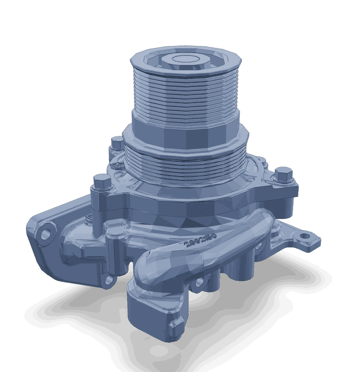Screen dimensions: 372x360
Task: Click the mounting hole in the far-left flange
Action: coord(45,234)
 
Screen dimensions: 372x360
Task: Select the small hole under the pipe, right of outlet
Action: coord(199,283)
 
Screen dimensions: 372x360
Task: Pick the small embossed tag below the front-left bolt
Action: coord(88,219)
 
